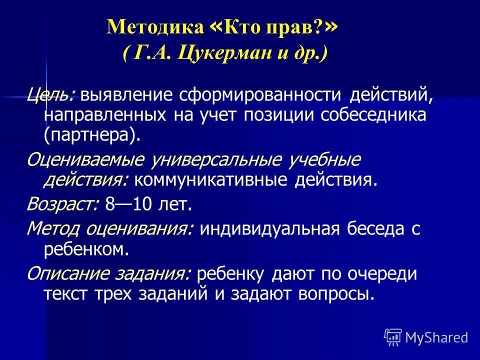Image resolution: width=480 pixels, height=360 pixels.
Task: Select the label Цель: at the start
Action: coord(51,94)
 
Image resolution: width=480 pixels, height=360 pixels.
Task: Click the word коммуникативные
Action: coord(209,180)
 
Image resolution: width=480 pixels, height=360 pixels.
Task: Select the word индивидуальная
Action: coord(270,229)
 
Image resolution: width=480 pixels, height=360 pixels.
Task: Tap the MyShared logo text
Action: coord(436,337)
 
